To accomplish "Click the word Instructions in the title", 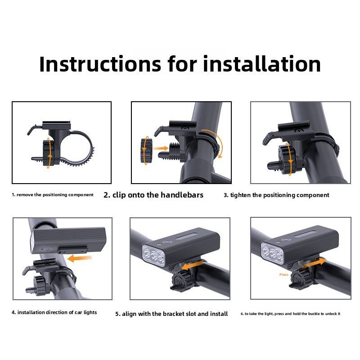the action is point(100,64).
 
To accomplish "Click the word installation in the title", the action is point(262,64).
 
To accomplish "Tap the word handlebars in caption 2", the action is point(182,195).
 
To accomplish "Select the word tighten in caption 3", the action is point(240,195).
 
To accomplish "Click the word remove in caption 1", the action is point(25,195).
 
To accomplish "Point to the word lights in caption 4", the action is point(90,312).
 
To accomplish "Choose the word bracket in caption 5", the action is point(174,314).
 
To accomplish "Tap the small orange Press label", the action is point(283,274).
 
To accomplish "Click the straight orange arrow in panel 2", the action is point(161,148).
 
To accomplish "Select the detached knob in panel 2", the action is point(146,150).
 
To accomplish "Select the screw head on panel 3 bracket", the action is point(299,131).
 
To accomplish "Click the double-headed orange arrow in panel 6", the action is point(314,263).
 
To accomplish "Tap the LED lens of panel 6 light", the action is point(273,252).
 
